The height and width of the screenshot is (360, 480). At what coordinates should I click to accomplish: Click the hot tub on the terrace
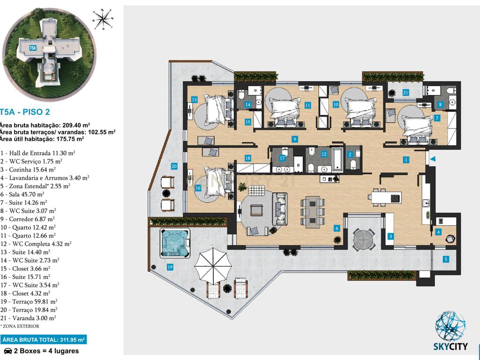pos(175,243)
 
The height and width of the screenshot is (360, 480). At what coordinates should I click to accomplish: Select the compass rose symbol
pos(103,20)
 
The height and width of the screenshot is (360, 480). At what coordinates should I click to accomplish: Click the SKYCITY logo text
pos(450,346)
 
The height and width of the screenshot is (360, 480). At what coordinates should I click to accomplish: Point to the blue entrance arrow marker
pos(432,159)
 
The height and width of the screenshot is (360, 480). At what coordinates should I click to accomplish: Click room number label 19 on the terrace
pos(170,267)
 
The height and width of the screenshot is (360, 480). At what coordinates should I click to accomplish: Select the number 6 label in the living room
pos(337,228)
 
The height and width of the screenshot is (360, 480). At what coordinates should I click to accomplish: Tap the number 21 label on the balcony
pos(405,92)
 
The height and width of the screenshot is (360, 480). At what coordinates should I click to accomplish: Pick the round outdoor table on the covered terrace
pos(363,239)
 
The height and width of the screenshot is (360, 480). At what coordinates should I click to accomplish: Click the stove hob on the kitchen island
pos(395,198)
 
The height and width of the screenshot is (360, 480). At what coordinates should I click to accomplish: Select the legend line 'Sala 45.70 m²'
pos(22,194)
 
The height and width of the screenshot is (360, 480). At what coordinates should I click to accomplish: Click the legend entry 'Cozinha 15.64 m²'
pos(28,169)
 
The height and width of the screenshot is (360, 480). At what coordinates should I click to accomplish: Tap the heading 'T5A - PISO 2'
pos(25,112)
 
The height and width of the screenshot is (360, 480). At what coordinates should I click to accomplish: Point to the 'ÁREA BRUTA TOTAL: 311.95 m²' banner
pos(44,339)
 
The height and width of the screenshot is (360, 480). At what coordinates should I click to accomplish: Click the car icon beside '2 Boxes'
pos(8,351)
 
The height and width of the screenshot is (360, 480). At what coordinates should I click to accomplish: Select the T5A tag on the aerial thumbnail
pos(33,48)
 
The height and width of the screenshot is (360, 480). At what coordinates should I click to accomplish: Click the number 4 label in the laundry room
pos(438,232)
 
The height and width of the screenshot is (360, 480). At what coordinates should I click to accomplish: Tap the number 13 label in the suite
pos(194,99)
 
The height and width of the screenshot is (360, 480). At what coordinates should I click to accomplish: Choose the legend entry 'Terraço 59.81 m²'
pos(29,301)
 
